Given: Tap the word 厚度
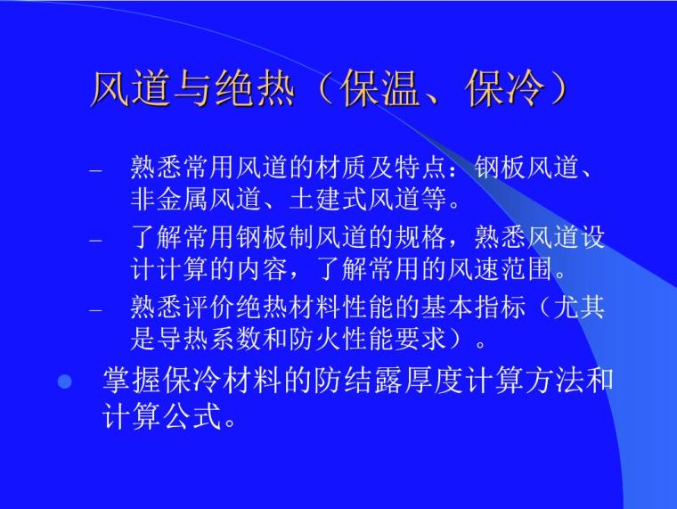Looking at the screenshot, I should [426, 382].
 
